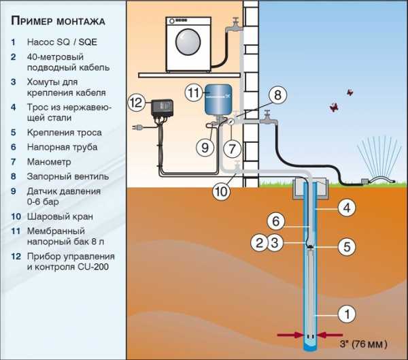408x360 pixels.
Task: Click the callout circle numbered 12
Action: pos(137,103)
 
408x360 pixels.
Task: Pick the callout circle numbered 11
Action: pos(194,91)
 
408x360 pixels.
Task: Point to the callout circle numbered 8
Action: pos(277,95)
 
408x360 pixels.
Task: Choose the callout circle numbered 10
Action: pos(222,192)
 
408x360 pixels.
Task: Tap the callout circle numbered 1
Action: pos(346,314)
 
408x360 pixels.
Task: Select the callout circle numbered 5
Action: pos(346,246)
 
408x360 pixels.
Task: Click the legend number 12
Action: pos(15,257)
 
